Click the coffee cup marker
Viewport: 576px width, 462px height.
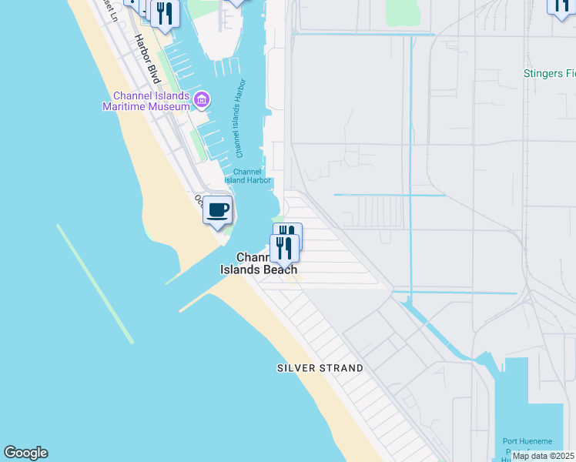[218, 209]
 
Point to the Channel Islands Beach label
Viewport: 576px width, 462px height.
[259, 263]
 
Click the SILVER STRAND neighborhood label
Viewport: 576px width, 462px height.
[320, 368]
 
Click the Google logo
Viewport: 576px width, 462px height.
[25, 453]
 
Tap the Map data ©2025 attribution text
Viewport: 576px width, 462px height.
[542, 456]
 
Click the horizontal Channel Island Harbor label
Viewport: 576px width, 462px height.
[248, 176]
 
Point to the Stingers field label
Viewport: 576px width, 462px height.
[549, 74]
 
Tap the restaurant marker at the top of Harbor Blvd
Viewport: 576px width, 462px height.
[164, 13]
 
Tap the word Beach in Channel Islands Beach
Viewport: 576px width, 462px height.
[281, 269]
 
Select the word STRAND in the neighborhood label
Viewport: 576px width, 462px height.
[342, 368]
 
